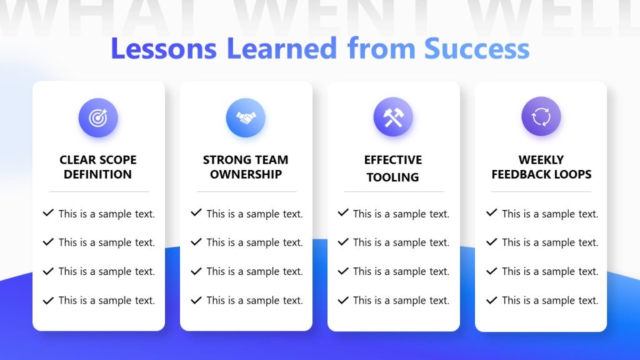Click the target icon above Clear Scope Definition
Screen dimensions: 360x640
coord(98,117)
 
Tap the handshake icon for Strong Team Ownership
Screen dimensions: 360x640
coord(246,117)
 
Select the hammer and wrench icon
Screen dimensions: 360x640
coord(393,117)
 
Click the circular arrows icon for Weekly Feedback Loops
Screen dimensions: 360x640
coord(541,117)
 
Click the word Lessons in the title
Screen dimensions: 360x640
coord(164,49)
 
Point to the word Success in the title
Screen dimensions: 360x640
coord(477,49)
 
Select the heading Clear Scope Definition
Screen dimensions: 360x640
coord(98,167)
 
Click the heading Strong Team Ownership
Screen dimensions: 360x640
coord(246,167)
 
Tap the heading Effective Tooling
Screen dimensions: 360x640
coord(393,168)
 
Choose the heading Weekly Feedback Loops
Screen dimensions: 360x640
coord(541,167)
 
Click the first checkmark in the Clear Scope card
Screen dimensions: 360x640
coord(48,213)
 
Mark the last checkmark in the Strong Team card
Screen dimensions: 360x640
coord(196,301)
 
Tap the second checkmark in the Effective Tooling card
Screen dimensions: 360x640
coord(343,242)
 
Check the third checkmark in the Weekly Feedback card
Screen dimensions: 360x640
coord(491,271)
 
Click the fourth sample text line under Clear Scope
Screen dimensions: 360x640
coord(106,301)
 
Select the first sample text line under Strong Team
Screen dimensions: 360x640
coord(254,214)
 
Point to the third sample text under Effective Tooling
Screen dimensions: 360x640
coord(401,271)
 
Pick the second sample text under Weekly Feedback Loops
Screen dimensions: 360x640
coord(550,242)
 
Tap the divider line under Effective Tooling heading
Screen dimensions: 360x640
coord(394,191)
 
